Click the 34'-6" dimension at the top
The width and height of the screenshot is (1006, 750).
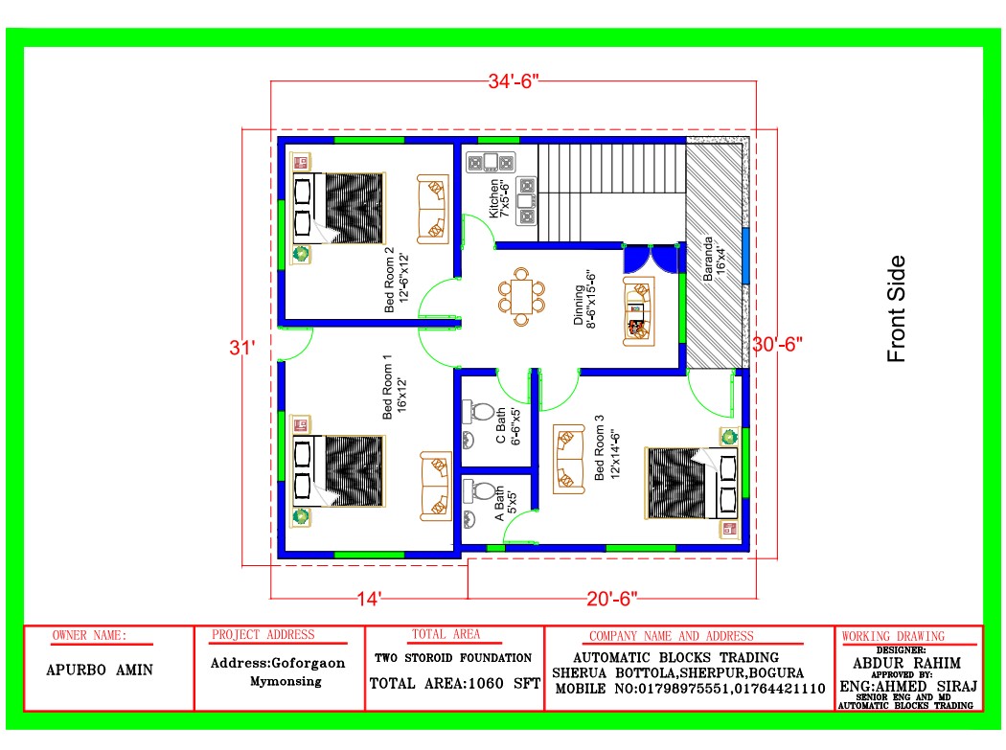(514, 81)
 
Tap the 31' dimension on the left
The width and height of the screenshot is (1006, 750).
(241, 348)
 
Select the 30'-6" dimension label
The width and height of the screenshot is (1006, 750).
(778, 345)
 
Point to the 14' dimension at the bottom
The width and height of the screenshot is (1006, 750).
(369, 600)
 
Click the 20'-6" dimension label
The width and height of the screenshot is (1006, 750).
(612, 599)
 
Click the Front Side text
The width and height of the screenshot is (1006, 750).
(896, 308)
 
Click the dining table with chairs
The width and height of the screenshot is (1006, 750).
(521, 297)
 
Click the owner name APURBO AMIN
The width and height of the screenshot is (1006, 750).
(100, 670)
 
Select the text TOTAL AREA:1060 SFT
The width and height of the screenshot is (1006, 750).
(455, 684)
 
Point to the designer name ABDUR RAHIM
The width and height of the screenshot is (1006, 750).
(906, 663)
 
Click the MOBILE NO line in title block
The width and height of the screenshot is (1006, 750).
(690, 689)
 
